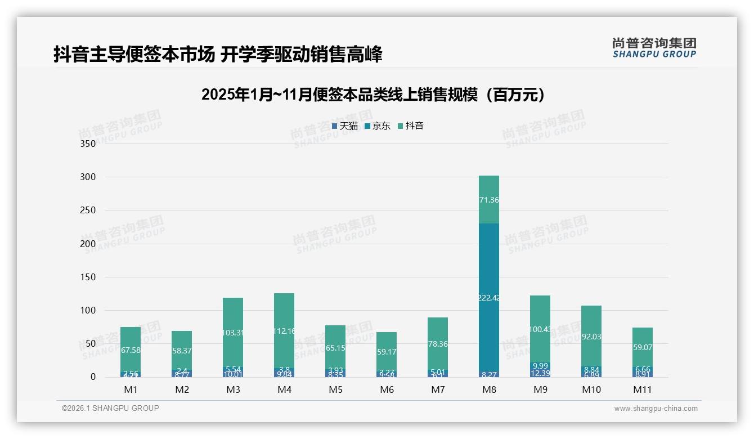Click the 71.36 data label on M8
click(x=489, y=200)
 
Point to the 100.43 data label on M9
click(x=540, y=329)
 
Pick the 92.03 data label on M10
click(x=591, y=337)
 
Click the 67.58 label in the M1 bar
click(x=131, y=351)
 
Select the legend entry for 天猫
click(x=344, y=126)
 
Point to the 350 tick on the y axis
click(x=88, y=144)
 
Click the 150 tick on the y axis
click(x=88, y=277)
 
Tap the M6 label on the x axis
click(x=387, y=389)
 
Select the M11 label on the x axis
click(x=642, y=389)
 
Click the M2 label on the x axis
click(x=182, y=389)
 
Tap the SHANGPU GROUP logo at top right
click(x=654, y=48)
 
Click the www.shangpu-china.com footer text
click(x=656, y=409)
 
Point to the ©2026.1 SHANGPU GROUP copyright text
click(x=110, y=408)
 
